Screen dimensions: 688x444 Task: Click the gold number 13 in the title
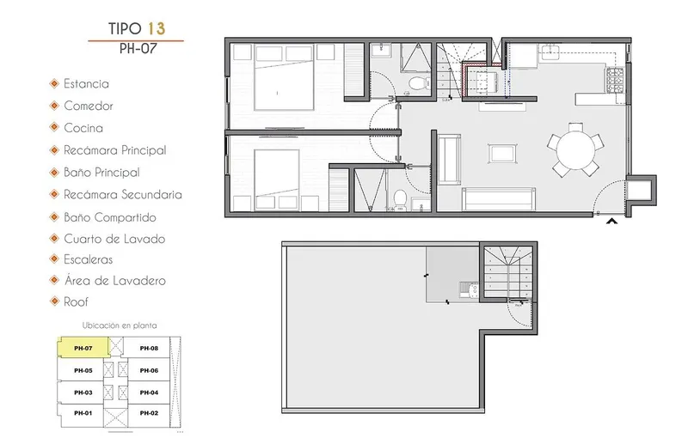[x=157, y=28]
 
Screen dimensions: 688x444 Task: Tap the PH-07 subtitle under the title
[x=138, y=48]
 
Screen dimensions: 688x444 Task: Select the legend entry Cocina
[x=83, y=128]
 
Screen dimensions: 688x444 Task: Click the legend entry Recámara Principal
[x=115, y=150]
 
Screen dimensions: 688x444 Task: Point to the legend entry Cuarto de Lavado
[x=114, y=239]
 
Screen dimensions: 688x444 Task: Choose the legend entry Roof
[x=76, y=302]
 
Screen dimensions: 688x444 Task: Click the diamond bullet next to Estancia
[x=54, y=83]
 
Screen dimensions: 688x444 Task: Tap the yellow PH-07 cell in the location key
[x=83, y=348]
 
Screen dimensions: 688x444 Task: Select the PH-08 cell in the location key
[x=149, y=348]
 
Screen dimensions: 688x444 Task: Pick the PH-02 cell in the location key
[x=149, y=413]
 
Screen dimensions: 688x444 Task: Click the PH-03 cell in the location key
[x=83, y=392]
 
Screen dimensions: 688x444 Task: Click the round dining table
[x=575, y=150]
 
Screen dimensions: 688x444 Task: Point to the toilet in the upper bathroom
[x=418, y=82]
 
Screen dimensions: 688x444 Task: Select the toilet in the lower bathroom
[x=400, y=198]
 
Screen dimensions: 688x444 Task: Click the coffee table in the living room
[x=502, y=154]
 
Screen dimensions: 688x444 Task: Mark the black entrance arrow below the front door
[x=611, y=222]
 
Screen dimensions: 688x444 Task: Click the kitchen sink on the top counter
[x=550, y=52]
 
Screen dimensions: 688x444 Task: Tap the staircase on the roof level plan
[x=507, y=272]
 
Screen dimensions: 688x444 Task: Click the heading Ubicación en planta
[x=120, y=325]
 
